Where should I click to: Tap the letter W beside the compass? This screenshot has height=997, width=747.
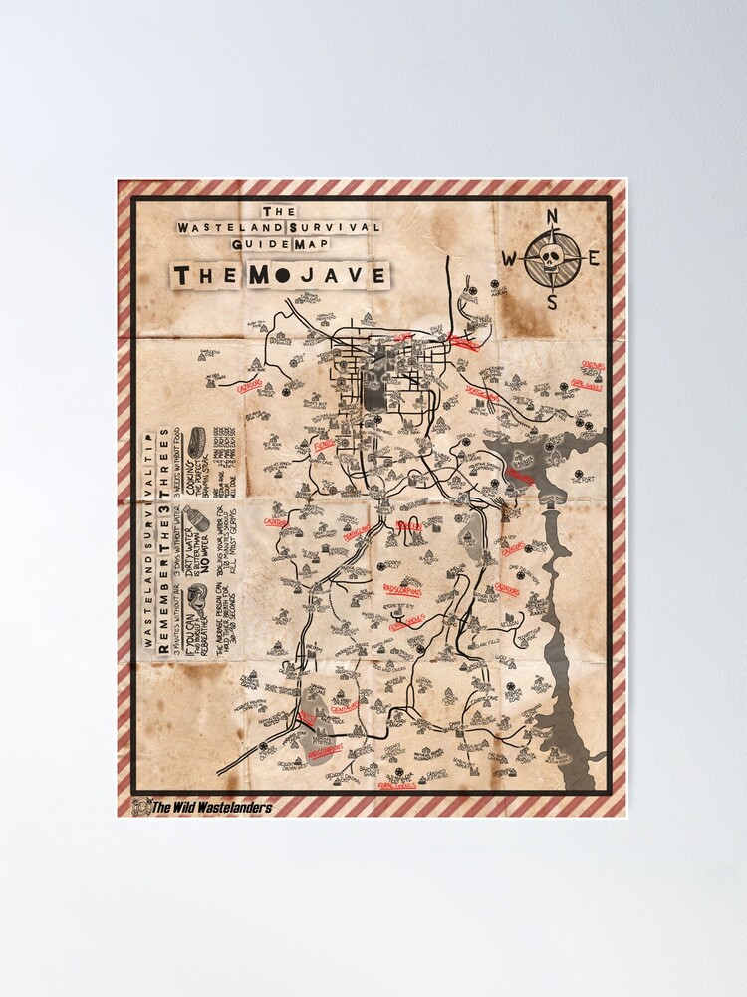[509, 259]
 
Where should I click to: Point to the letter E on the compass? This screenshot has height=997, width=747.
[594, 259]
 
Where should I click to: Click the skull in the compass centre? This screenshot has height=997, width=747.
[552, 258]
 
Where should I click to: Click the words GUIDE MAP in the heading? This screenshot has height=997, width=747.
[279, 242]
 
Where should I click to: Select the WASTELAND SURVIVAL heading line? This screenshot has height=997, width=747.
[280, 227]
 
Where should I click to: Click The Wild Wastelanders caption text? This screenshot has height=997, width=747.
[210, 807]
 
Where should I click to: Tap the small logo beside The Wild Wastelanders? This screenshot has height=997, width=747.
[139, 807]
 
